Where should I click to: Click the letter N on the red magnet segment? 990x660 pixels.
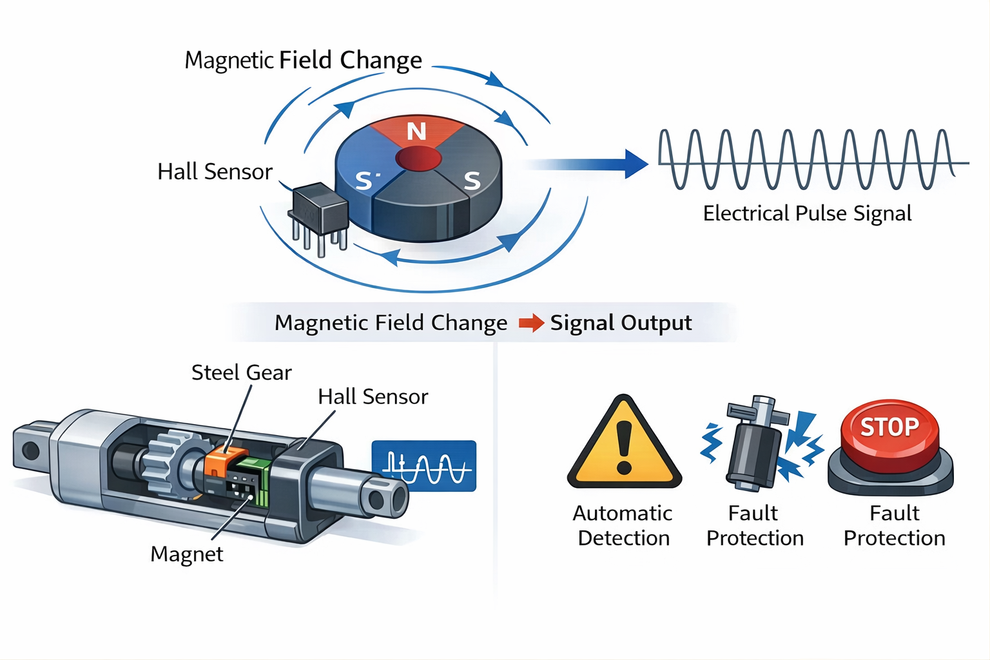pos(416,131)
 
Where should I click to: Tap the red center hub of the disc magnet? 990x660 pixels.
pos(418,158)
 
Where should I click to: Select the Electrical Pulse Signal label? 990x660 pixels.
pos(807,213)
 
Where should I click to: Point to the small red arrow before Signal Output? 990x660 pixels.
pos(531,322)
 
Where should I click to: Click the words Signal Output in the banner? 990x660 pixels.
pos(621,322)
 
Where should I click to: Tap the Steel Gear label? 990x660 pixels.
pos(241,373)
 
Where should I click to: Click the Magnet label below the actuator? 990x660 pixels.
pos(187,554)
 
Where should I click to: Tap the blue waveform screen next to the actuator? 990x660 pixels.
pos(424,466)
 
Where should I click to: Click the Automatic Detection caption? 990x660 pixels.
pos(623,525)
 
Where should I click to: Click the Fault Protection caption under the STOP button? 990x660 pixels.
pos(894,525)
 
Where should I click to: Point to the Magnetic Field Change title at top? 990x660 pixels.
pos(303,60)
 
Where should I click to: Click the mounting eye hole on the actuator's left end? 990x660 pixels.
pos(30,449)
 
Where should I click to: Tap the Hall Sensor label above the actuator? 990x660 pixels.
pos(373,397)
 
